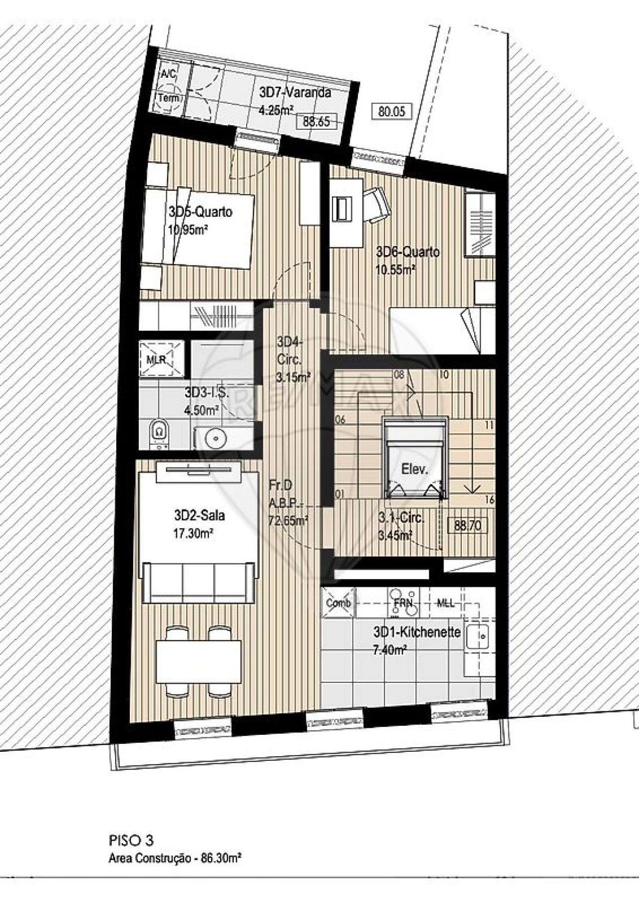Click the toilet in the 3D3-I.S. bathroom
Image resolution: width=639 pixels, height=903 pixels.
click(159, 432)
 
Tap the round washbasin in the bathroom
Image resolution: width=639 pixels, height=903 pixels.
click(216, 438)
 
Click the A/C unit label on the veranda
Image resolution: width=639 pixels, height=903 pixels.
click(168, 74)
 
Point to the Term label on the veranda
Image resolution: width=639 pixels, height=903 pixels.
click(169, 98)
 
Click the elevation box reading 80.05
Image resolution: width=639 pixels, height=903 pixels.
click(392, 111)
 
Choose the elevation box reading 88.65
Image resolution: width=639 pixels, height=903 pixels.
click(317, 121)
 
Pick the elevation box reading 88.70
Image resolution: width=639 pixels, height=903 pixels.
click(468, 525)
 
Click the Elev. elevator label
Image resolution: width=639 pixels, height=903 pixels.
click(415, 469)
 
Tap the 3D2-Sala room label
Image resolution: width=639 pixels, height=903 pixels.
click(199, 515)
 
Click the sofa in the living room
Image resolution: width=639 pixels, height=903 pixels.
click(200, 582)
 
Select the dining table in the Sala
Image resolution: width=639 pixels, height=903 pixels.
click(199, 662)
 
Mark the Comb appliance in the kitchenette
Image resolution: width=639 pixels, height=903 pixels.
click(338, 603)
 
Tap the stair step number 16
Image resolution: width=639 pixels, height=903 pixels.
click(489, 500)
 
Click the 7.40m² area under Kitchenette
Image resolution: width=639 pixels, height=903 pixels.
click(389, 650)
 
